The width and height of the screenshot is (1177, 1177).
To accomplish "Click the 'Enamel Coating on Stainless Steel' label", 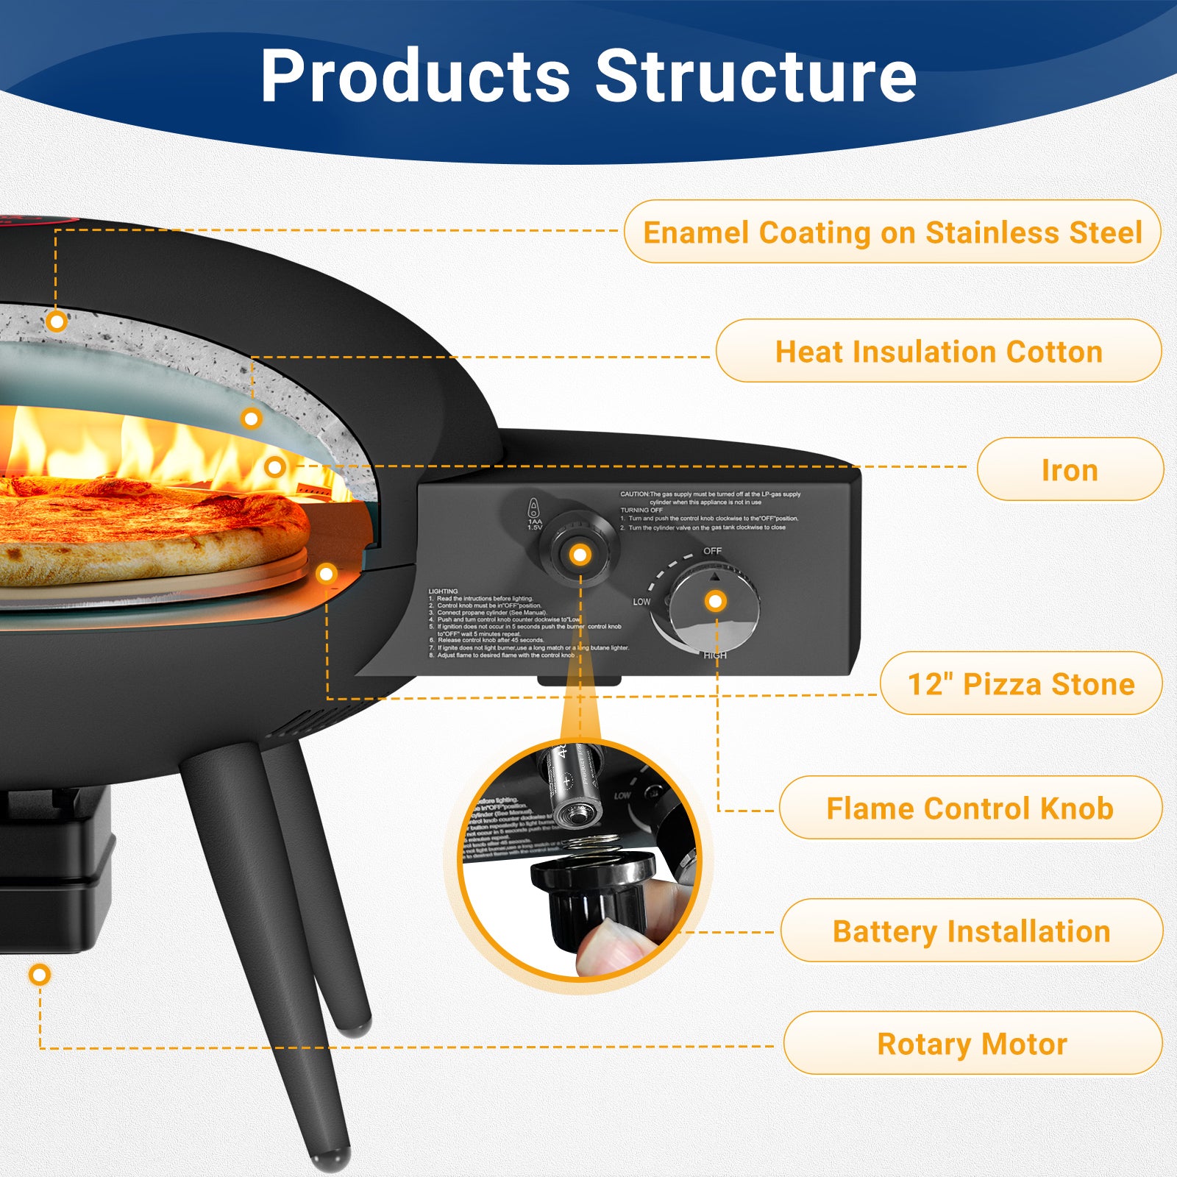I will (x=892, y=232).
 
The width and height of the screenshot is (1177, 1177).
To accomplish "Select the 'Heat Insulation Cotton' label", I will (x=939, y=352).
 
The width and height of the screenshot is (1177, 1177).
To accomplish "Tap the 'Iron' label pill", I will (x=1070, y=470).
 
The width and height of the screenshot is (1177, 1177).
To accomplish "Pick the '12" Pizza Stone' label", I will (x=1021, y=684).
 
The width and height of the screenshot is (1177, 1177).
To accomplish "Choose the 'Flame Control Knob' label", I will (x=970, y=808).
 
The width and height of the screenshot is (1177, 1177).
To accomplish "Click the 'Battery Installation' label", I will (x=971, y=931).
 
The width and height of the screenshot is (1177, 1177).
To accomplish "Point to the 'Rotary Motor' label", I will (x=972, y=1044).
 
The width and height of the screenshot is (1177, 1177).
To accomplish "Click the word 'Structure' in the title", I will (x=755, y=76).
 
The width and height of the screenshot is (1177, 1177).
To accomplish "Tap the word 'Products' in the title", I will (x=416, y=76).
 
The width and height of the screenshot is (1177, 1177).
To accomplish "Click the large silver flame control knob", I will (x=714, y=607).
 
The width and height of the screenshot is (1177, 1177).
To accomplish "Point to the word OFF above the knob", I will (x=712, y=551).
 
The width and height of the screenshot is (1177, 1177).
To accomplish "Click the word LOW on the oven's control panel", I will (x=641, y=602).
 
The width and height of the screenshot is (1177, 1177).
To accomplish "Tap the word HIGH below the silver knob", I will (x=714, y=655).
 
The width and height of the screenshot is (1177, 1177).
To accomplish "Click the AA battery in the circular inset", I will (x=572, y=787).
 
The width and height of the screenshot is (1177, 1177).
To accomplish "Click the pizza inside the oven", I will (x=147, y=526).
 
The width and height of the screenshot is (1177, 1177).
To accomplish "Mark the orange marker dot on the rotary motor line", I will (x=40, y=975).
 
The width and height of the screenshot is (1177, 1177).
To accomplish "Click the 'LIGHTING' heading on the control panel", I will (x=443, y=591).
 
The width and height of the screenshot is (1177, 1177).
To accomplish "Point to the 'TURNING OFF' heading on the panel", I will (x=641, y=510).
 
